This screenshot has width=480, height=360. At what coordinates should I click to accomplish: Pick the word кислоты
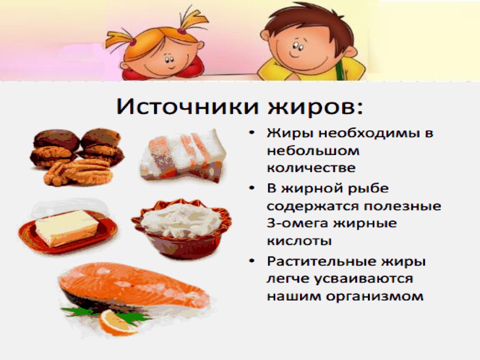coord(300,241)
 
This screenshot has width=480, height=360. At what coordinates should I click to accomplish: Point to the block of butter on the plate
coord(67,228)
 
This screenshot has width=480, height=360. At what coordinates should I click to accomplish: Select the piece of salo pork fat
coord(184,155)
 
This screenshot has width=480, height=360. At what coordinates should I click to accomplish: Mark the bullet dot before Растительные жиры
coord(253,262)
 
